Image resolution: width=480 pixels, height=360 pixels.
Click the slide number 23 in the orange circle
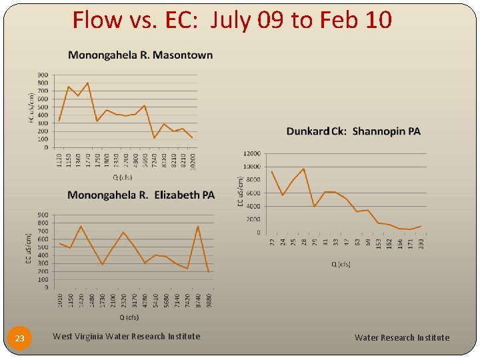[x=20, y=339]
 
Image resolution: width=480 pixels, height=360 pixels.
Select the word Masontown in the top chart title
[x=183, y=55]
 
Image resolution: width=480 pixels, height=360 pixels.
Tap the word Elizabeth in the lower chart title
[x=177, y=195]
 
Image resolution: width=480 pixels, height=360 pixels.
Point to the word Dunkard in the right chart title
[x=307, y=131]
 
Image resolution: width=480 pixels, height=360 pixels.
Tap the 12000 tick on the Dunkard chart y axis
[x=252, y=154]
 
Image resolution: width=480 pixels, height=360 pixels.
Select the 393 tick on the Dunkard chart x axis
[x=421, y=244]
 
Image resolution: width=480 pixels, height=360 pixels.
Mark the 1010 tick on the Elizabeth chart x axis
[x=61, y=301]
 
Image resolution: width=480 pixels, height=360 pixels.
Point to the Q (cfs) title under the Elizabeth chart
[x=125, y=318]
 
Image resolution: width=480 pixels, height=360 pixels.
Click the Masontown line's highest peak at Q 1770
[x=87, y=83]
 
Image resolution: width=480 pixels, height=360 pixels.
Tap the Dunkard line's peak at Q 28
[x=303, y=168]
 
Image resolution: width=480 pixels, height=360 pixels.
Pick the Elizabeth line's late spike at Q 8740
[x=198, y=227]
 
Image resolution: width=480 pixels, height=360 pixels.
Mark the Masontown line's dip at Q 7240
[x=154, y=138]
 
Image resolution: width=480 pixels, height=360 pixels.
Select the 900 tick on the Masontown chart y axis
[x=42, y=75]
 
